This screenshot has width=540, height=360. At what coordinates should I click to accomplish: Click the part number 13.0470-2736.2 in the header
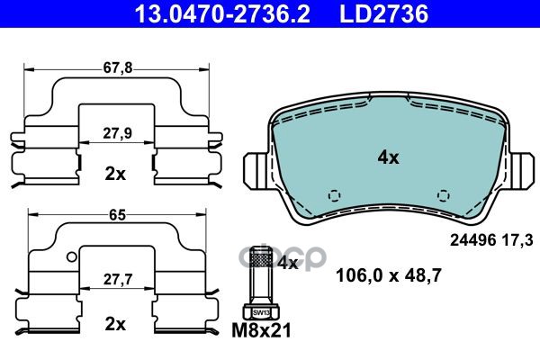[x=222, y=13]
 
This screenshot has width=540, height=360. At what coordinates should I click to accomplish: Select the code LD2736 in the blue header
[x=384, y=13]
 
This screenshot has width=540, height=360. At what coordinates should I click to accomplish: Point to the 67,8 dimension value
[x=118, y=67]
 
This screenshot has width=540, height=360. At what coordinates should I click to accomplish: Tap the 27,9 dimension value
[x=117, y=133]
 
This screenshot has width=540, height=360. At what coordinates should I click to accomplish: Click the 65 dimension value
[x=117, y=215]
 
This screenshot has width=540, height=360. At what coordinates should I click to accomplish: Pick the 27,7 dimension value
[x=118, y=279]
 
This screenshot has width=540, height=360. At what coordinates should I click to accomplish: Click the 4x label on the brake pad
[x=388, y=157]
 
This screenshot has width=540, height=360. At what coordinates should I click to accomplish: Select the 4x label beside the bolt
[x=288, y=263]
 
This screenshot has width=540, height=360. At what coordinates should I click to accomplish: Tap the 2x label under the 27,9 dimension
[x=115, y=174]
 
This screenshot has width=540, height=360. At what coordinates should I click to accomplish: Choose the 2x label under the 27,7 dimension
[x=115, y=324]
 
